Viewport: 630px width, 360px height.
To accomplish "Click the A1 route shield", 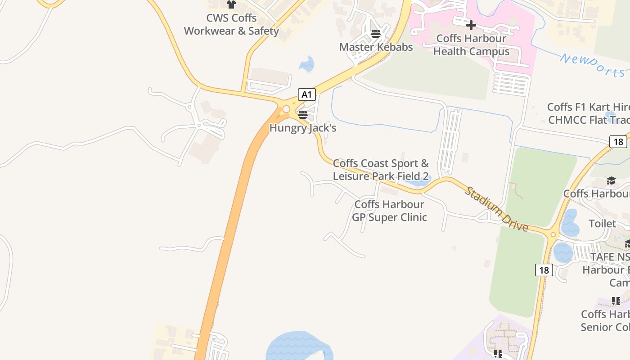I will click(306, 94).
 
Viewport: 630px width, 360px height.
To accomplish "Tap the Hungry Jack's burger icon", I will click(303, 114).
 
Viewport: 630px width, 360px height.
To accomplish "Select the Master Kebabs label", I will click(376, 47).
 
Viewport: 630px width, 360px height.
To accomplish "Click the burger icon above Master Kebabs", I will click(376, 33).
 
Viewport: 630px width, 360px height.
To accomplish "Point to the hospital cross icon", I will click(471, 25).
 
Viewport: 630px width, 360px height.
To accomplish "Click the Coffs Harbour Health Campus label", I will click(471, 45).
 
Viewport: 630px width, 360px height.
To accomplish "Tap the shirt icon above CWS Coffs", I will click(231, 4).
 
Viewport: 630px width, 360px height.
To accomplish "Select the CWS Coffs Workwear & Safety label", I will click(231, 25).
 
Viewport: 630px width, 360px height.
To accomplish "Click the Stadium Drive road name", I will click(496, 209).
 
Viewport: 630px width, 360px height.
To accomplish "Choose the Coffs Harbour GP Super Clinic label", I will click(389, 211).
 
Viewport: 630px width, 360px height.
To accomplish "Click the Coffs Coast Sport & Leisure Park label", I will click(381, 170).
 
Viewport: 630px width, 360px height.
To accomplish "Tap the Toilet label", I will click(602, 224).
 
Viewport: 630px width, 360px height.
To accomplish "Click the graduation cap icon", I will click(611, 181).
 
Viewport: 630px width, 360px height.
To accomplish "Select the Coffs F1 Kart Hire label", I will click(588, 108).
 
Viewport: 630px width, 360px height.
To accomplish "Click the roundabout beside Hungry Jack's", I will click(286, 109).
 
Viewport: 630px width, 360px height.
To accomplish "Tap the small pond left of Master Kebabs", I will click(307, 65).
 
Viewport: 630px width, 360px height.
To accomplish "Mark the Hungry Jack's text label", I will click(303, 128).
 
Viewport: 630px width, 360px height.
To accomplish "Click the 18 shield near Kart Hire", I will click(618, 142).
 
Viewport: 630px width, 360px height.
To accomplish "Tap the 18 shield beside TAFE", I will click(544, 270).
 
